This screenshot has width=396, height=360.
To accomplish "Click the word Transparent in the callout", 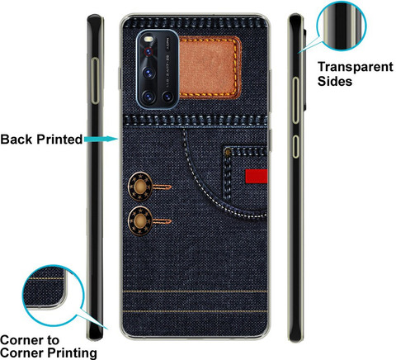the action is point(356,67).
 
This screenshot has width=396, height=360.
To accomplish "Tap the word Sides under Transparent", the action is point(335,82).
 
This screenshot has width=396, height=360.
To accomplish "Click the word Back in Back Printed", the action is point(16,140).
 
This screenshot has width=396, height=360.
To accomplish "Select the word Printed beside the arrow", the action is point(59,140).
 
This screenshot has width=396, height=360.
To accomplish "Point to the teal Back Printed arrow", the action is point(101,139).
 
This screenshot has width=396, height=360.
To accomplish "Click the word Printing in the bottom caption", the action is point(73,353).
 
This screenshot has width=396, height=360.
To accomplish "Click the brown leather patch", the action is point(210,68).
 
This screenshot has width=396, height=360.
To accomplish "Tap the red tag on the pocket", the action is point(257,176).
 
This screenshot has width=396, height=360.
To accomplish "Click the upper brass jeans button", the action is point(140,187).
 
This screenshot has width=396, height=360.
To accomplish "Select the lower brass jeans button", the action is point(140,220).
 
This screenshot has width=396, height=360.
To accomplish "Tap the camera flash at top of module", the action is point(148,39).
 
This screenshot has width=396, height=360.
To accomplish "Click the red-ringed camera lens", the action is point(148,52).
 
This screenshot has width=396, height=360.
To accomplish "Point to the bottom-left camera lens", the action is point(148,97).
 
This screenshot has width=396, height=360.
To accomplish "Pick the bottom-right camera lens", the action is point(167,97).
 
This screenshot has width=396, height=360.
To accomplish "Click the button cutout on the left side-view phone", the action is point(95,81).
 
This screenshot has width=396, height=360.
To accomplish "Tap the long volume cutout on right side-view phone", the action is point(295,100).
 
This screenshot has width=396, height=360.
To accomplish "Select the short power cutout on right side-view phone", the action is point(295,146).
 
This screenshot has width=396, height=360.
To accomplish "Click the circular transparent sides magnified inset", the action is point(342,26).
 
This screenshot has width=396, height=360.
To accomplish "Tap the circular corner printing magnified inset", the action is point(53,296).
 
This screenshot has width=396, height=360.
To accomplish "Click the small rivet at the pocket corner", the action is point(228,152).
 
